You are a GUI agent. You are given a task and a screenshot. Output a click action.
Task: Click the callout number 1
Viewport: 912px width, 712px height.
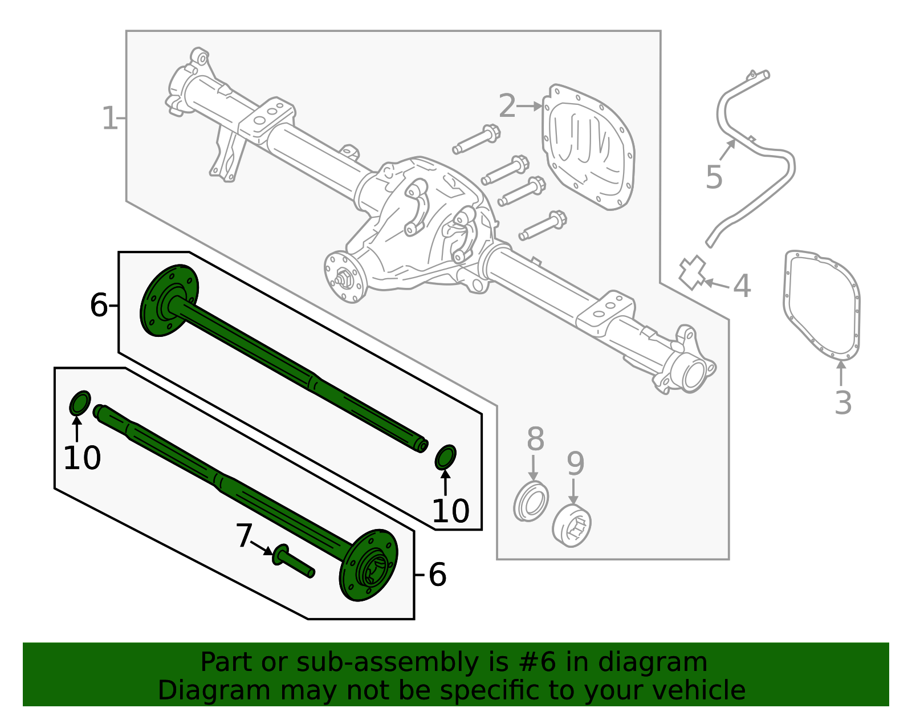109,119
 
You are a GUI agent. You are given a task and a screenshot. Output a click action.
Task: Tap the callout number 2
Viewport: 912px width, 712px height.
507,106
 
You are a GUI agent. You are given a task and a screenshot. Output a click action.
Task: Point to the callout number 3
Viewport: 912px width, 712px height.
842,402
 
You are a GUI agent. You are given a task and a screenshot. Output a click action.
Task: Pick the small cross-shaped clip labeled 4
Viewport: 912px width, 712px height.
692,272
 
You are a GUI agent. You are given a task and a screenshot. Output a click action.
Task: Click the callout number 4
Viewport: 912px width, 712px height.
742,286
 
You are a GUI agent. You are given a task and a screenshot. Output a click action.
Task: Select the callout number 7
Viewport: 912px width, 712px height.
244,536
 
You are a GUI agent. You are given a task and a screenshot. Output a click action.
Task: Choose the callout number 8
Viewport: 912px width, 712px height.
535,440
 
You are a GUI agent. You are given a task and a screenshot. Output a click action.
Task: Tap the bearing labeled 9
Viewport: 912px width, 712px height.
572,524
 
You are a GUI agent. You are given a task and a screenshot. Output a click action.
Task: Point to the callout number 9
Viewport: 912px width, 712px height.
575,463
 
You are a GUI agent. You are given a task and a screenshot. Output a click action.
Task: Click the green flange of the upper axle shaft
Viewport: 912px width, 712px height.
168,300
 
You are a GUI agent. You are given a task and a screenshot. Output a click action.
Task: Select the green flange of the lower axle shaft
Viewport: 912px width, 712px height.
368,565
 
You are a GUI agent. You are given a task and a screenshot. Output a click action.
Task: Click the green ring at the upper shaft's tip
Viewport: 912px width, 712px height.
445,458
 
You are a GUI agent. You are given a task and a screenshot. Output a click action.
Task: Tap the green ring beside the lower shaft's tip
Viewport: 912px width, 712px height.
79,404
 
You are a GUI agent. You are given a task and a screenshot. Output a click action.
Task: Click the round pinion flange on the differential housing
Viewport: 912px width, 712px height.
344,276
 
